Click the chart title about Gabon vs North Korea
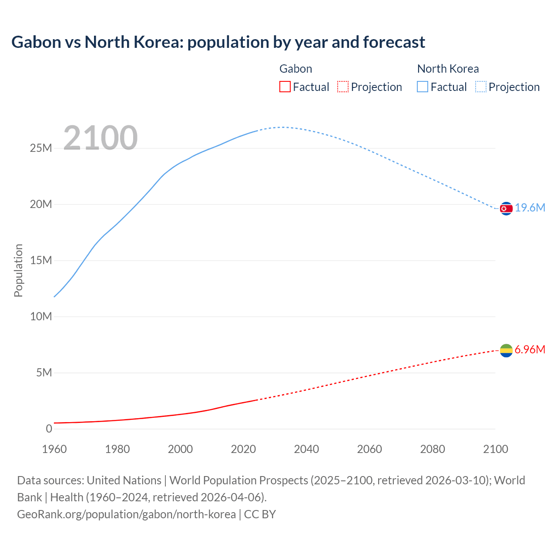(218, 42)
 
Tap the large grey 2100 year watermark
(101, 138)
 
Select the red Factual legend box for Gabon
(285, 87)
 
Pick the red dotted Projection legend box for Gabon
(343, 87)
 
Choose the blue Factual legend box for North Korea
(423, 87)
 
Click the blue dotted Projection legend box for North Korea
(481, 87)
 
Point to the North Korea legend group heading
(448, 69)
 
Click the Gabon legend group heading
(295, 69)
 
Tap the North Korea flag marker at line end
(506, 209)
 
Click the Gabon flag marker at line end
(506, 350)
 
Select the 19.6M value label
(530, 208)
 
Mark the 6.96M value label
(530, 349)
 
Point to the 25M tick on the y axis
(41, 148)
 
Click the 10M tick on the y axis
(41, 316)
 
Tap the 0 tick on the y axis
(49, 429)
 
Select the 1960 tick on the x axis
(54, 449)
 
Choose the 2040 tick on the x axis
(306, 449)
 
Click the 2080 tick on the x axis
(433, 449)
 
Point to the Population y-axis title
(18, 270)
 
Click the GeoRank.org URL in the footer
(126, 514)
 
